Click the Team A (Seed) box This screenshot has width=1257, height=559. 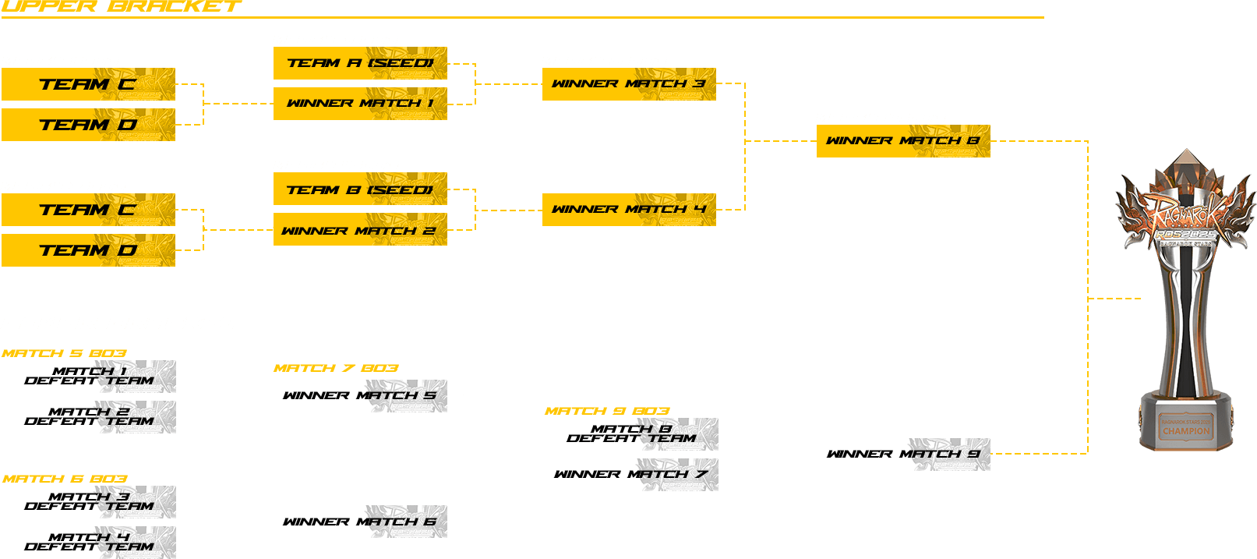(x=360, y=63)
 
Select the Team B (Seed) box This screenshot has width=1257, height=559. (x=360, y=189)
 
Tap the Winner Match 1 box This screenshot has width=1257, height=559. (x=360, y=104)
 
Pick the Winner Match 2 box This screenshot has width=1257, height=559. (x=360, y=230)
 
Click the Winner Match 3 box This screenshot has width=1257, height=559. (x=629, y=84)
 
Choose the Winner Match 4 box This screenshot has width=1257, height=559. (x=629, y=210)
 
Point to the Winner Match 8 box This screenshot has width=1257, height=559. (x=903, y=141)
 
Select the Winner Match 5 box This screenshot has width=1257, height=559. (x=360, y=396)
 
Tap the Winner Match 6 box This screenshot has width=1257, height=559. (x=360, y=522)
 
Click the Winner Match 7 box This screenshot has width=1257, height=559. (x=631, y=475)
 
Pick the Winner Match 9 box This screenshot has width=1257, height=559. (x=903, y=455)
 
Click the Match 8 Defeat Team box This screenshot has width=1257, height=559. (x=631, y=434)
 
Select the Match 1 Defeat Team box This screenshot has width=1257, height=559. (x=89, y=377)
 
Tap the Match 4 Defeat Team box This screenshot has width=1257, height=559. (x=89, y=543)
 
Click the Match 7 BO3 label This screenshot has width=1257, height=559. (x=336, y=368)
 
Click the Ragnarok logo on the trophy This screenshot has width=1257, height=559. (x=1185, y=219)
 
